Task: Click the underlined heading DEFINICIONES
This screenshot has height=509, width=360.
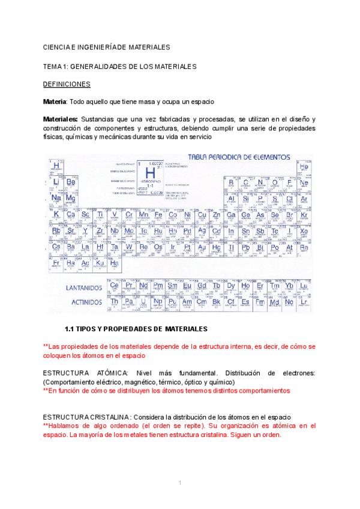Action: tap(67, 84)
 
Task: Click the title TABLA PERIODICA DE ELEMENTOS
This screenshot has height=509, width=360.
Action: tap(239, 158)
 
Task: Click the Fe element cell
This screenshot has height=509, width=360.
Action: tap(158, 215)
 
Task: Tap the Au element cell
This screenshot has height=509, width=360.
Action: tap(202, 247)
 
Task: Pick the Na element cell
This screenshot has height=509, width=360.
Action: tap(56, 198)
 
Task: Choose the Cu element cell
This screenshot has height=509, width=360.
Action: tap(202, 215)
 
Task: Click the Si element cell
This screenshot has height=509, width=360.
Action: tap(245, 199)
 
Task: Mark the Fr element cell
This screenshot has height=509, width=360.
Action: tap(56, 263)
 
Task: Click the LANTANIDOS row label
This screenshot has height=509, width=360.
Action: tap(83, 288)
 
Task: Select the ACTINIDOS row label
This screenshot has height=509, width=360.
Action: tap(86, 303)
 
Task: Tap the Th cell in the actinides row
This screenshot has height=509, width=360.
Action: tap(114, 301)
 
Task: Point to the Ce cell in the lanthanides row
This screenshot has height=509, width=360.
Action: tap(114, 286)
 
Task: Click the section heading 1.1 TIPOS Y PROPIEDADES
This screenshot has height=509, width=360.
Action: tap(136, 329)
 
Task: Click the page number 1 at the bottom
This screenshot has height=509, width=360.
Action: tap(179, 483)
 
